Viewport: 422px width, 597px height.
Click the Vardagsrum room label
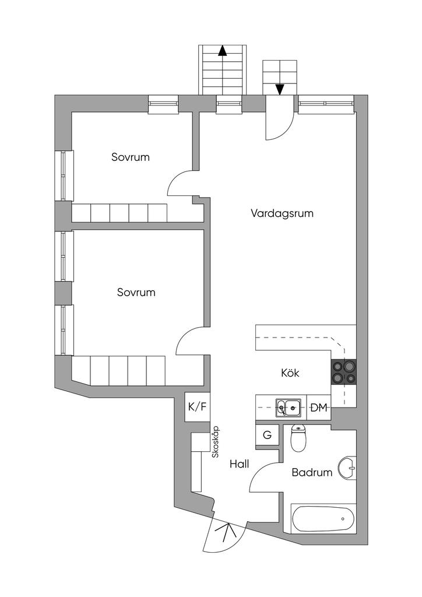tap(282, 213)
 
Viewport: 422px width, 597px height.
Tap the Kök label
tap(290, 373)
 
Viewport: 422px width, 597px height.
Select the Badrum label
tap(312, 472)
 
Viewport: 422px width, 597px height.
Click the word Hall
tap(239, 464)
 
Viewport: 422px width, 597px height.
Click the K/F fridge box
tap(196, 407)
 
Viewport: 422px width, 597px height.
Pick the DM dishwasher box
tap(318, 408)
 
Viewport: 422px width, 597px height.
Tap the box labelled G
tap(268, 435)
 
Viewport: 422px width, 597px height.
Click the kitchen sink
tap(288, 407)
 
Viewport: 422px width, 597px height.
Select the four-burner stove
tap(343, 371)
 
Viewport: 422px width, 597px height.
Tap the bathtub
tap(322, 518)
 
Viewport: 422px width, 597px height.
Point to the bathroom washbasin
tap(349, 467)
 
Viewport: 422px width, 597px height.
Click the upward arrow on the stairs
tap(222, 51)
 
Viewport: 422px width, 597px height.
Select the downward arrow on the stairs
tap(280, 89)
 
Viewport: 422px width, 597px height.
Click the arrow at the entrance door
tap(228, 533)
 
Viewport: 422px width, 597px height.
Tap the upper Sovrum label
tap(131, 157)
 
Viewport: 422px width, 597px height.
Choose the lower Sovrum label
tap(136, 292)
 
